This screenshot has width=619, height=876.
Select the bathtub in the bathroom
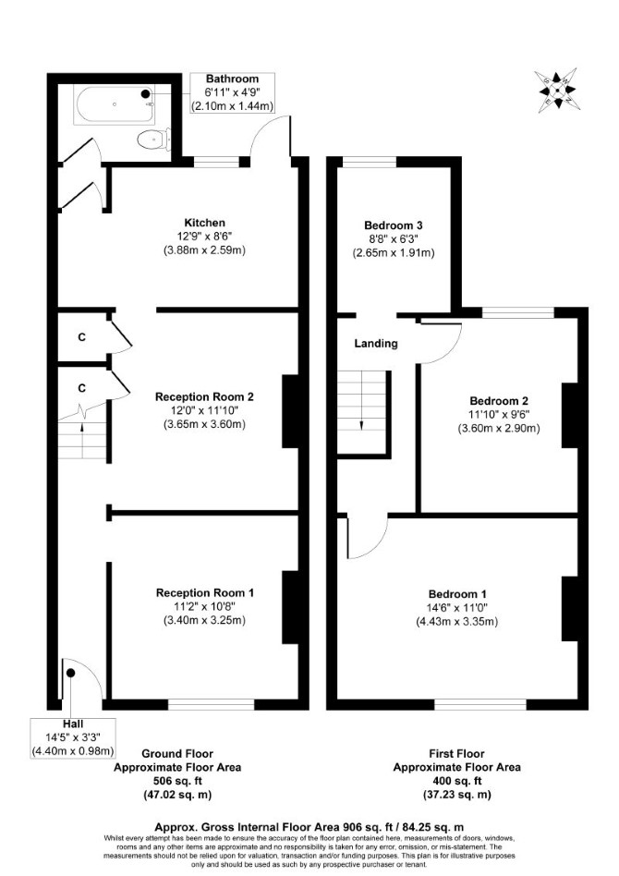(115, 104)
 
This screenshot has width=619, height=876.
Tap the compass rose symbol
(556, 90)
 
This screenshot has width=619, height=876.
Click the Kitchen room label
(205, 223)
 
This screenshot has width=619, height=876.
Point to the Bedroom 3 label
(394, 225)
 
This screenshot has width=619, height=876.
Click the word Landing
(376, 344)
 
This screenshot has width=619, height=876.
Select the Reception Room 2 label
(204, 396)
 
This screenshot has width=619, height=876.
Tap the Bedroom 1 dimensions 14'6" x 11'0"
(457, 608)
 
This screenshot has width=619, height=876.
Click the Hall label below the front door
(73, 724)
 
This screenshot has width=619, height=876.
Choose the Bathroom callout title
(233, 79)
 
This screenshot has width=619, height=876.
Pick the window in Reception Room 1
(212, 704)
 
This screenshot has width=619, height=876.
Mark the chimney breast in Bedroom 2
(569, 416)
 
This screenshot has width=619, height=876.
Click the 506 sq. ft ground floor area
(177, 781)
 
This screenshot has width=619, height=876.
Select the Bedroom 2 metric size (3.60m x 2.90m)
(499, 429)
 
